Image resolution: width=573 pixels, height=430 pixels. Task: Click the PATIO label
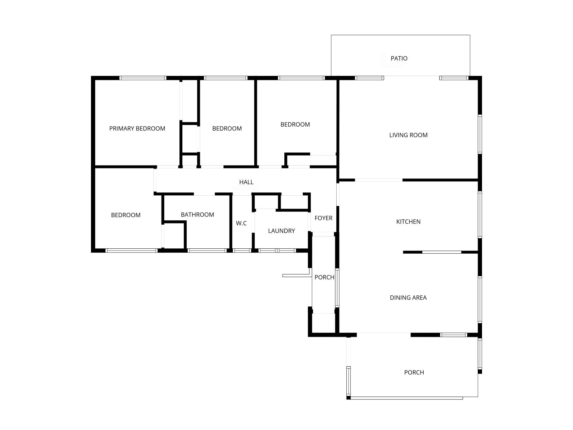tap(399, 58)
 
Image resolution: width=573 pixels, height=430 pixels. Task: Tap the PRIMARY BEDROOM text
tap(137, 128)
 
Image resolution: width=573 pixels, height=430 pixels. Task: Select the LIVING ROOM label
tap(408, 135)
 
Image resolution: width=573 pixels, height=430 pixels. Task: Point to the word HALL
tap(246, 182)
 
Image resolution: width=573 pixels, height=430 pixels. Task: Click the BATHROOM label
tap(197, 215)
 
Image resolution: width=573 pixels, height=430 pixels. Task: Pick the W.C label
tap(241, 223)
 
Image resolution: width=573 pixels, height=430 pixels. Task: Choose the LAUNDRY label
tap(281, 231)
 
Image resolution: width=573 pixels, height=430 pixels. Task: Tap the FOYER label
tap(323, 218)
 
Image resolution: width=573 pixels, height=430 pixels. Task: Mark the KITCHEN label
tap(408, 221)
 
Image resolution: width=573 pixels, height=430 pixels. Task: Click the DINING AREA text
tap(408, 297)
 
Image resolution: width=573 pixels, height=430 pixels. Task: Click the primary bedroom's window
tap(143, 78)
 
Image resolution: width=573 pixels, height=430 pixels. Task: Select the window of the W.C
tap(242, 250)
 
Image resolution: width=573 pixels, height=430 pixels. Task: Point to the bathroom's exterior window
tap(207, 250)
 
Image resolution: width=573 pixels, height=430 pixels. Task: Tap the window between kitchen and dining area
tap(442, 252)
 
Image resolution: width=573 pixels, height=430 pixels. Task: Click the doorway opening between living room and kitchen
tap(379, 180)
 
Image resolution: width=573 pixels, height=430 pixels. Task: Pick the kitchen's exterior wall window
tap(480, 214)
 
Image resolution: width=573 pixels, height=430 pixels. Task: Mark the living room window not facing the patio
tap(480, 134)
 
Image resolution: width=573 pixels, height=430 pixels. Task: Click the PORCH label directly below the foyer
tap(324, 277)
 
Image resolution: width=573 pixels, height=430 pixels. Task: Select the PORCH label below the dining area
tap(414, 372)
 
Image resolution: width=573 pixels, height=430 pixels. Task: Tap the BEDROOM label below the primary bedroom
tap(126, 215)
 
